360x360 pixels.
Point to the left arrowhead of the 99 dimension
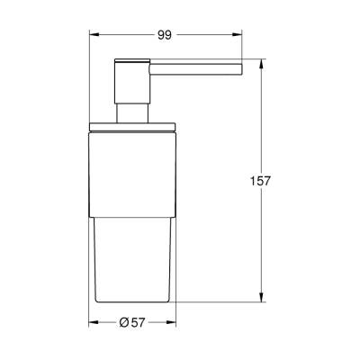(x=92, y=34)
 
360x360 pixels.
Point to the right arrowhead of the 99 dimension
(x=241, y=34)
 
